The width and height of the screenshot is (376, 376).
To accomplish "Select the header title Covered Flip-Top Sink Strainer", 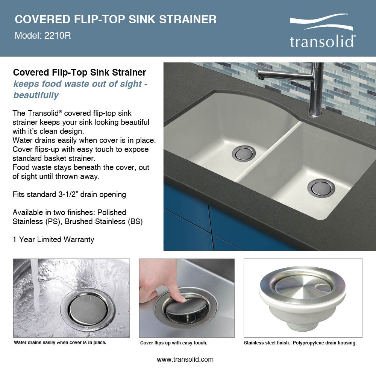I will (x=115, y=19).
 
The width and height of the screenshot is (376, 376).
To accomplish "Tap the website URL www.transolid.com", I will (x=185, y=359).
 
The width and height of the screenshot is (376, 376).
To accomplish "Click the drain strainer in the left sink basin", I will (x=244, y=153).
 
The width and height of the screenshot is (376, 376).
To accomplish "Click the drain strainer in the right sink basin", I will (x=321, y=188).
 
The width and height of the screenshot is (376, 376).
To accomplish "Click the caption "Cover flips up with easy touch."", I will (x=174, y=343).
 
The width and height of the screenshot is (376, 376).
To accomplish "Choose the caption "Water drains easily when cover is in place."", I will (x=60, y=343).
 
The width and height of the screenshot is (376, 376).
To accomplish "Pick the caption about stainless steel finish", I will (x=300, y=343).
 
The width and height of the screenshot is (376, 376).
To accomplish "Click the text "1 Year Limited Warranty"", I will (x=53, y=240).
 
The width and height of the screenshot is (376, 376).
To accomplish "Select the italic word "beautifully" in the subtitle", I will (x=36, y=95).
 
